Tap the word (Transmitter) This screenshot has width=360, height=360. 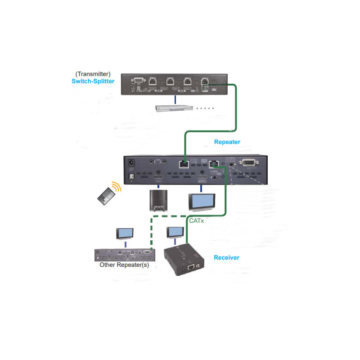coord(93,74)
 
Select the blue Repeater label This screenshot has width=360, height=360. coord(227,142)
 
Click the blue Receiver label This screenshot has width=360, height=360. coord(226,257)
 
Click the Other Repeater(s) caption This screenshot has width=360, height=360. coord(124,265)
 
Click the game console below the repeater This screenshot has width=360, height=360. coord(157,200)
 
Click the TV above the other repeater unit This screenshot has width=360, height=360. coord(125,234)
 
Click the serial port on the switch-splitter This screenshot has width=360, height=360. coord(138,81)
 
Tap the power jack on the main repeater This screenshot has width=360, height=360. coord(131,162)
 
